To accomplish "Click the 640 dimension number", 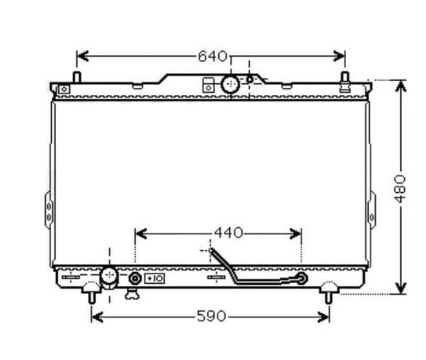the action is (x=212, y=57).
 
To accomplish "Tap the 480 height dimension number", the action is (x=400, y=189).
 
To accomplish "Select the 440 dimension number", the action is (x=228, y=233).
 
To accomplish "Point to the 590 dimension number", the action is (x=211, y=316).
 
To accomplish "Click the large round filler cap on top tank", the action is (x=230, y=84).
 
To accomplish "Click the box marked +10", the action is (x=154, y=279).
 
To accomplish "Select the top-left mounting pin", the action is (x=77, y=77).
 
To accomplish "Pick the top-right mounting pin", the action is (x=345, y=81).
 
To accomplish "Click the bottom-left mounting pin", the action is (x=92, y=297).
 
